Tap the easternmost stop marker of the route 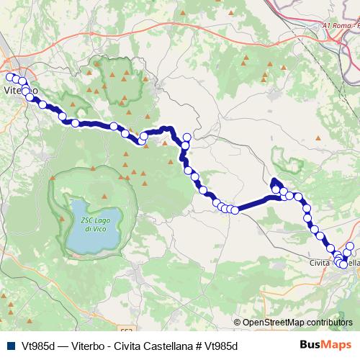351,247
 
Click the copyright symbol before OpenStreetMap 238,323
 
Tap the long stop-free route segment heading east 256,203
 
